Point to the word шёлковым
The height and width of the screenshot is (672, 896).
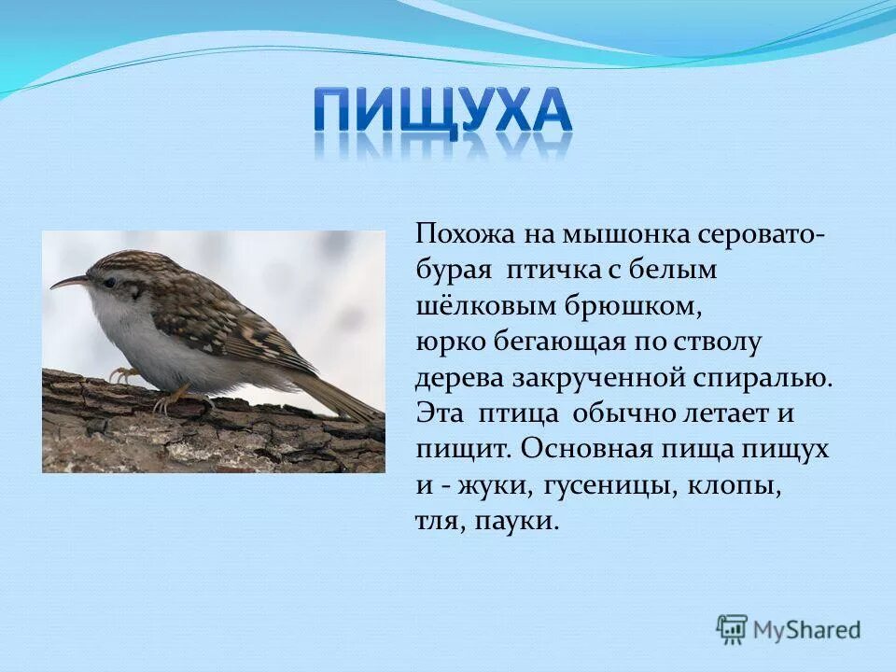click(x=469, y=304)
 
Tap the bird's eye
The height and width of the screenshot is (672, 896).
click(x=110, y=281)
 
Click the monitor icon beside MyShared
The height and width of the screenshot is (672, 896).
click(x=733, y=629)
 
